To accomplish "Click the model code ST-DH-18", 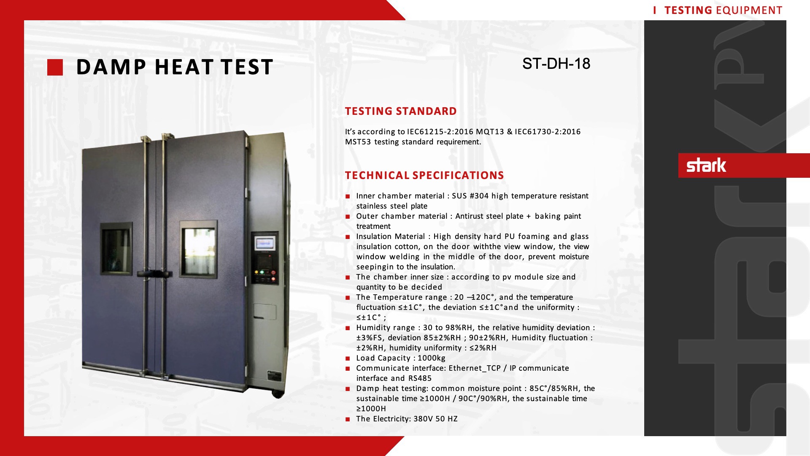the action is click(x=556, y=64).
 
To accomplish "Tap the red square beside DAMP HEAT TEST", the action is click(x=55, y=68).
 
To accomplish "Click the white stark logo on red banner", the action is click(x=706, y=165).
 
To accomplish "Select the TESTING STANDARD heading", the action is click(x=401, y=111).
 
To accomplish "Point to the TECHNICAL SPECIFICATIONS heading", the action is click(x=424, y=175).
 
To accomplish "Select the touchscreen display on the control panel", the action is click(x=265, y=244).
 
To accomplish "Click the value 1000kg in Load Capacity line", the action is click(x=431, y=358).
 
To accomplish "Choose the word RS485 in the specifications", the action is click(x=420, y=378).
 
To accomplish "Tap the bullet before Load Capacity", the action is click(x=348, y=358).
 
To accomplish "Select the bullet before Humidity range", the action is click(x=348, y=328).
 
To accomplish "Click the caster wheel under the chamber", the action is click(x=277, y=394).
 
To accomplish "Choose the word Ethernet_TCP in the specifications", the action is click(x=475, y=368).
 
